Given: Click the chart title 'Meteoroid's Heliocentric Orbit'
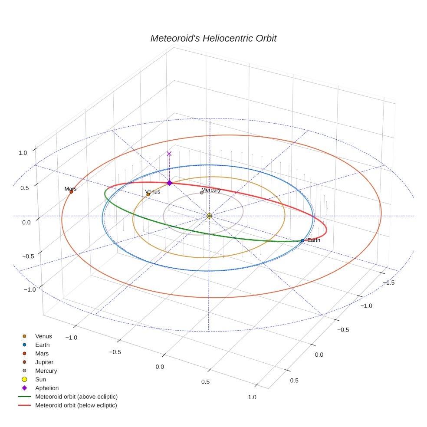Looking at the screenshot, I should [x=213, y=38].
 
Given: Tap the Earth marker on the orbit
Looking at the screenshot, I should [x=302, y=240].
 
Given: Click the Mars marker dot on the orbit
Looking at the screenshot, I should [x=71, y=192].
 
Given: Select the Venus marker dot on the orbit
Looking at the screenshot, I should [x=148, y=194].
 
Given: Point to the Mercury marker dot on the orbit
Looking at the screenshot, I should [x=201, y=193].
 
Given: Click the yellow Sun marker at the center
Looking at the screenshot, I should [x=209, y=216].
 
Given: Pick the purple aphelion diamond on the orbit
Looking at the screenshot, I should [x=169, y=183].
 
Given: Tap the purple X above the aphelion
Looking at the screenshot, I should [x=169, y=154].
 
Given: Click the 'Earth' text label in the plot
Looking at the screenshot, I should [x=314, y=240].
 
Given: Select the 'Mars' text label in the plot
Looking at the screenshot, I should [x=70, y=189].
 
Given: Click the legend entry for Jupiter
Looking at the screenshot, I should [x=44, y=362].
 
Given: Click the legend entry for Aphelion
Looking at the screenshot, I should [x=47, y=388].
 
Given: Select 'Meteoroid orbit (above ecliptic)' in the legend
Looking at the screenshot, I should [x=76, y=397].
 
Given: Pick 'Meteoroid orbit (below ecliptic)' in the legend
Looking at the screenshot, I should [x=76, y=405].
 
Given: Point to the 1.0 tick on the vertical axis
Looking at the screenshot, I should [x=23, y=153].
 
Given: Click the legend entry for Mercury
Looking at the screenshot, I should [x=46, y=371].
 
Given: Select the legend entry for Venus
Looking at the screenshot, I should [x=43, y=336].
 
